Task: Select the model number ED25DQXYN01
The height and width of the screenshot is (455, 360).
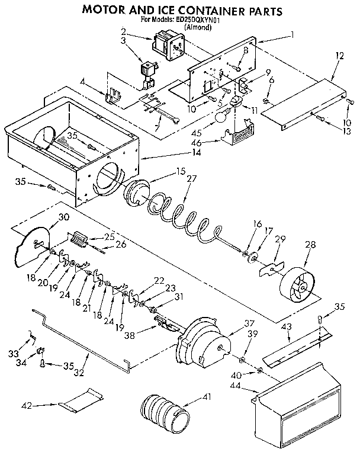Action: point(198,20)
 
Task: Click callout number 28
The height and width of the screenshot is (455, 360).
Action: point(308,245)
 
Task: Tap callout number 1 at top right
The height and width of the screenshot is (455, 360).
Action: point(292,34)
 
